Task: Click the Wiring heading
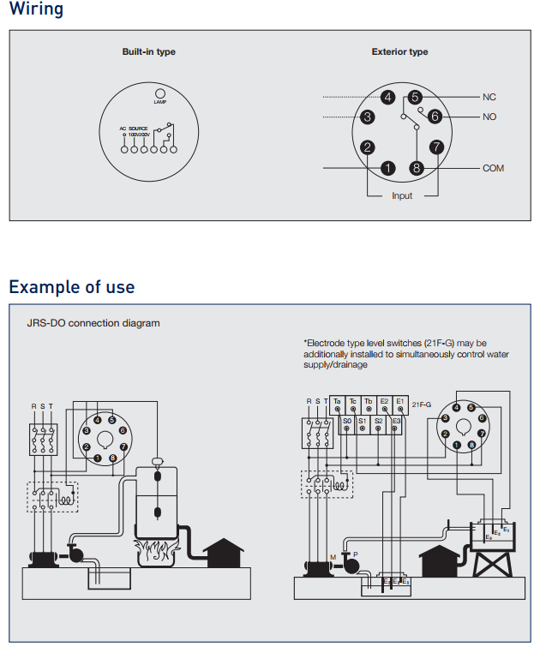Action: (36, 10)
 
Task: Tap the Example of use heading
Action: (72, 286)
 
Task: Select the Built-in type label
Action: (148, 52)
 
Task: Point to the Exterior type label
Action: (399, 52)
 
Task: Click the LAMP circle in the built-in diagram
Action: (159, 93)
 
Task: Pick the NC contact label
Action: (489, 98)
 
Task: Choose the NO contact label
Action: (489, 117)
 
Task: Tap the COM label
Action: (493, 169)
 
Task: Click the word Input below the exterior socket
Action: (402, 196)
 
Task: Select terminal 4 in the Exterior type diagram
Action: (387, 98)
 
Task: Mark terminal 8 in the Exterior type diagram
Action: (417, 168)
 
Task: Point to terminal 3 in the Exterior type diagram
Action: (367, 117)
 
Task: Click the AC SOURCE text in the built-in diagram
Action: (135, 129)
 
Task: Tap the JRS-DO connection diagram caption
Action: (93, 323)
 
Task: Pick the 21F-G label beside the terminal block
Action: (422, 402)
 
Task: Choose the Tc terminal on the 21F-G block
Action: (352, 402)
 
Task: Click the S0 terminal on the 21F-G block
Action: (347, 422)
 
